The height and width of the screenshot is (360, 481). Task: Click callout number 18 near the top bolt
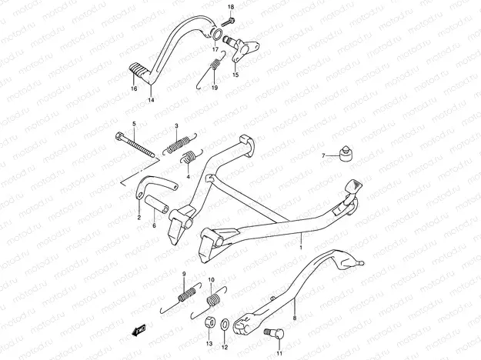230,7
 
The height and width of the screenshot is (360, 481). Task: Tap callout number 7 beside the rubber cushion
324,155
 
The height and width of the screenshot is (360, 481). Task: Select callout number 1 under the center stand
301,248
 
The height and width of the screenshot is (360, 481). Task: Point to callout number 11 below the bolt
279,354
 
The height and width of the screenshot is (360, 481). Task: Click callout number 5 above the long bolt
133,124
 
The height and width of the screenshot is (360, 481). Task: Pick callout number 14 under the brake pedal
151,100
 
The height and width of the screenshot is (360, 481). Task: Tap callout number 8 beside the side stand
294,316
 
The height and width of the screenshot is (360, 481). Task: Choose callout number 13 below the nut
209,345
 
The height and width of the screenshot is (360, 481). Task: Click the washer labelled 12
224,324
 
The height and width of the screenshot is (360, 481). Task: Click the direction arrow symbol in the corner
138,332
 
